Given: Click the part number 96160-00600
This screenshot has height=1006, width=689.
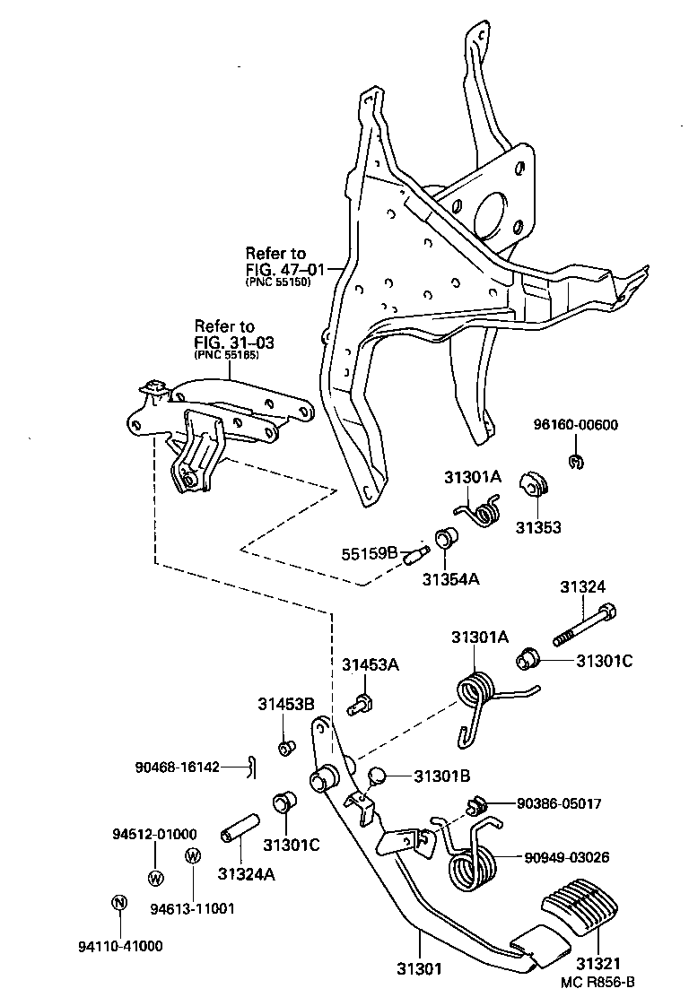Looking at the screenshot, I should point(577,425).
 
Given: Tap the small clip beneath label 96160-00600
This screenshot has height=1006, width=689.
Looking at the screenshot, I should point(576,462).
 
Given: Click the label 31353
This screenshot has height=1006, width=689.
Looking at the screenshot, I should point(538,527).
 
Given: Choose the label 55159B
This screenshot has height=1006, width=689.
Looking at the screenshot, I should point(369,553).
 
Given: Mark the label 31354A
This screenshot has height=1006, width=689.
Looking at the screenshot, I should point(450,578).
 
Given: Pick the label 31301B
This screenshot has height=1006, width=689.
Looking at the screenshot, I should point(442,776).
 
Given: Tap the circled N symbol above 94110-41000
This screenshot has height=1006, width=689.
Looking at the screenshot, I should point(118,903).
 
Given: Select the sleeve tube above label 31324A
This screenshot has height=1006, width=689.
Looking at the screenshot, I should point(240,828).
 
